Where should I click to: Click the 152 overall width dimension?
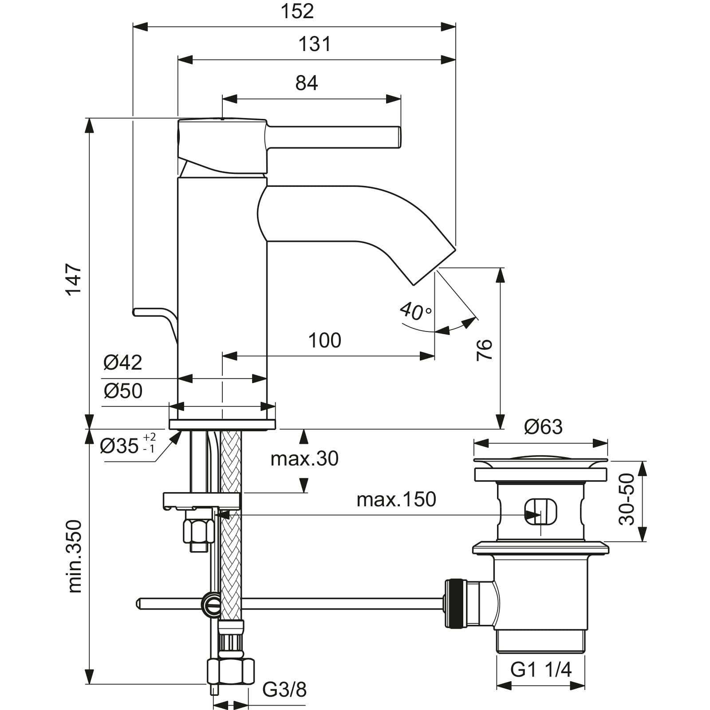point(297,12)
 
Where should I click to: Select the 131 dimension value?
point(314,44)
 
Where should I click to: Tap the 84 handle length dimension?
point(307,83)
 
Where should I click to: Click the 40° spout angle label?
point(415,311)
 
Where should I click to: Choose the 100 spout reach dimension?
point(324,340)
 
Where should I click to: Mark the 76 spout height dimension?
point(485,350)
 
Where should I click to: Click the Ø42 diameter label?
point(122,363)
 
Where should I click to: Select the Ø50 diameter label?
point(123,391)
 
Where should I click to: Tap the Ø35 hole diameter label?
point(127,445)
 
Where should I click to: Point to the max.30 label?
point(304,458)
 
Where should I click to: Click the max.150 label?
point(396,500)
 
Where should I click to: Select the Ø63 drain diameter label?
point(543,427)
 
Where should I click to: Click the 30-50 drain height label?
point(627,499)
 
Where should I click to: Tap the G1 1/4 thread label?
point(540,670)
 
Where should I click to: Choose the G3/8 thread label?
point(284,690)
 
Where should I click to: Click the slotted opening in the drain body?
point(540,512)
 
